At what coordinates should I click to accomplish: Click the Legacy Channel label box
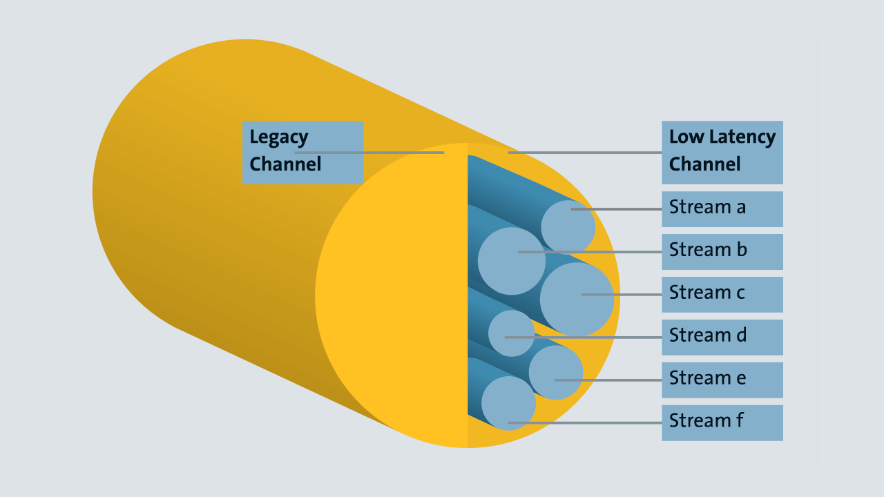(x=303, y=153)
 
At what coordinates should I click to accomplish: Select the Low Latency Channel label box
(x=722, y=153)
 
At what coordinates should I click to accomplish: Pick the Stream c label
(x=722, y=294)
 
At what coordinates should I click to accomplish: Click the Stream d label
(x=722, y=337)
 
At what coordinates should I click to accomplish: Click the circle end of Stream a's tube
(x=568, y=227)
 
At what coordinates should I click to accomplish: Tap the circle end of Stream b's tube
(x=511, y=262)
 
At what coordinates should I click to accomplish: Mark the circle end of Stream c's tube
(x=577, y=299)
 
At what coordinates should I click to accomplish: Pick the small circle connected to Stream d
(x=511, y=333)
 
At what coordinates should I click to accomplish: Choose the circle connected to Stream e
(x=556, y=372)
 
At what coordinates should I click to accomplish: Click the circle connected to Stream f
(x=508, y=403)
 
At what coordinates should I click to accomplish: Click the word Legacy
(x=278, y=137)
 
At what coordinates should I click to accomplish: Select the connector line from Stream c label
(x=622, y=295)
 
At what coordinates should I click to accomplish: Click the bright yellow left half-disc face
(x=394, y=297)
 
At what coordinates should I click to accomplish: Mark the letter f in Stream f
(x=740, y=420)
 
